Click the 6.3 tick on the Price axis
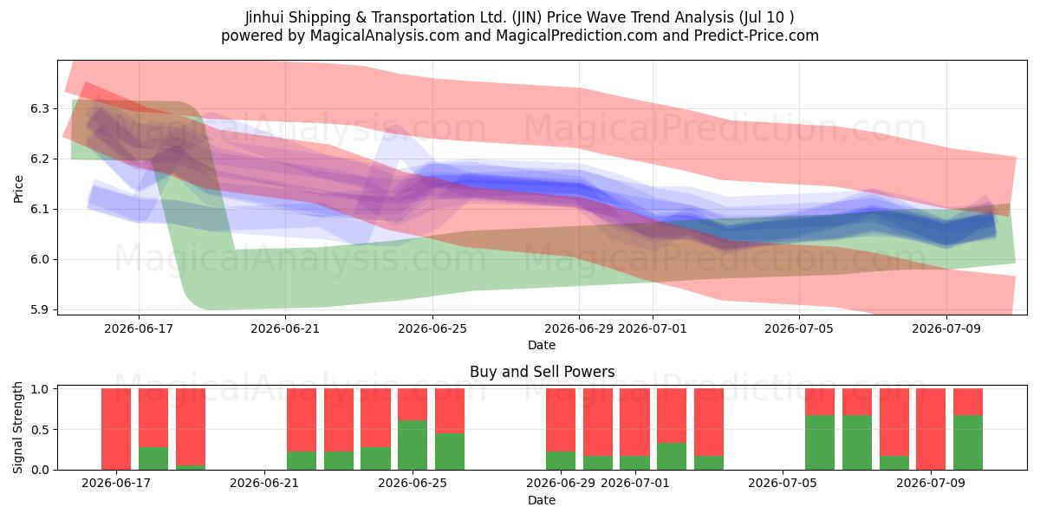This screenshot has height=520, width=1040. [40, 109]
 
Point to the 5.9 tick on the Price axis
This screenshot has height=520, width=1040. [40, 309]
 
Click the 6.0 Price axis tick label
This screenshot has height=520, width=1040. [40, 259]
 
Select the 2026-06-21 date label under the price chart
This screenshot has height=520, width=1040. [285, 328]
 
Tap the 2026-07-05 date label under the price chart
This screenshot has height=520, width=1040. [799, 328]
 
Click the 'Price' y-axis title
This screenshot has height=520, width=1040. [18, 189]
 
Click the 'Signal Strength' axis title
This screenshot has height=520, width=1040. [17, 427]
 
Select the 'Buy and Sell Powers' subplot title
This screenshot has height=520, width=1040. [542, 372]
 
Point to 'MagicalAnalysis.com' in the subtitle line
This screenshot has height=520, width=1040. [385, 36]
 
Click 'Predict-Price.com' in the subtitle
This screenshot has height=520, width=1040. [757, 36]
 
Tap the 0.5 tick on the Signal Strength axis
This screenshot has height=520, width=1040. [40, 430]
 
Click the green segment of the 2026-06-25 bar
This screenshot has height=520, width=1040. [413, 445]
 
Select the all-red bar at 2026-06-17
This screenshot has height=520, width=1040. [116, 429]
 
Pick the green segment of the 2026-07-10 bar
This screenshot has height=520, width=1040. [967, 443]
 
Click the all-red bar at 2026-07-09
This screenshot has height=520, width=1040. [931, 429]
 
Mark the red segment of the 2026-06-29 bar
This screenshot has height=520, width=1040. [561, 420]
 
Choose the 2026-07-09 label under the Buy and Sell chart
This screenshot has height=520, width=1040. [931, 484]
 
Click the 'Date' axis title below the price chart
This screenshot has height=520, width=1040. [542, 345]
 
